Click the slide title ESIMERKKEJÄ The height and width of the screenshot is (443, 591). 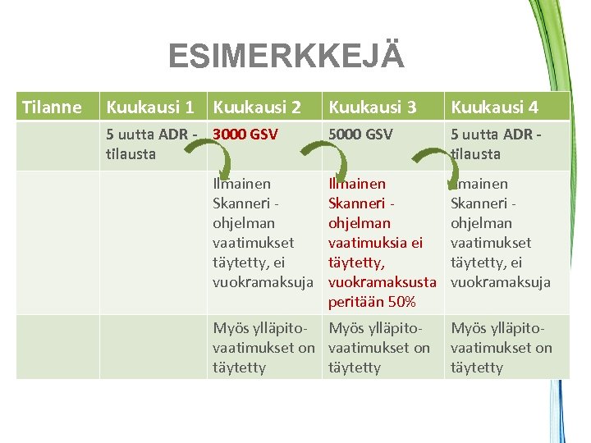(x=286, y=57)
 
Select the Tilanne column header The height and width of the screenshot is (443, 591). (x=52, y=107)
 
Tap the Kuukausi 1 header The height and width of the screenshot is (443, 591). (x=150, y=107)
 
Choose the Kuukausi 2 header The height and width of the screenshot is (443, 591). (x=257, y=107)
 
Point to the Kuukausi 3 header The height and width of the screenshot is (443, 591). (x=373, y=107)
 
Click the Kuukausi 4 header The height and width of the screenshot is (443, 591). (x=495, y=107)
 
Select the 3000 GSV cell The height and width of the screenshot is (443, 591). (x=245, y=134)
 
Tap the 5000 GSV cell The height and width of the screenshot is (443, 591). (x=360, y=134)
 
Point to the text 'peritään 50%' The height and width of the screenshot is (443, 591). (x=372, y=302)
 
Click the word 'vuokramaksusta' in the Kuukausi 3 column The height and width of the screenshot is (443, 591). (x=382, y=282)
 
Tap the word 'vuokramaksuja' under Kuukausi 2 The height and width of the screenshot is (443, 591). (x=263, y=282)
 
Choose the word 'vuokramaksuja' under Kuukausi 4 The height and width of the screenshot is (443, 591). (x=500, y=282)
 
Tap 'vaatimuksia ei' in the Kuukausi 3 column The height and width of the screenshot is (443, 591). (x=376, y=243)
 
